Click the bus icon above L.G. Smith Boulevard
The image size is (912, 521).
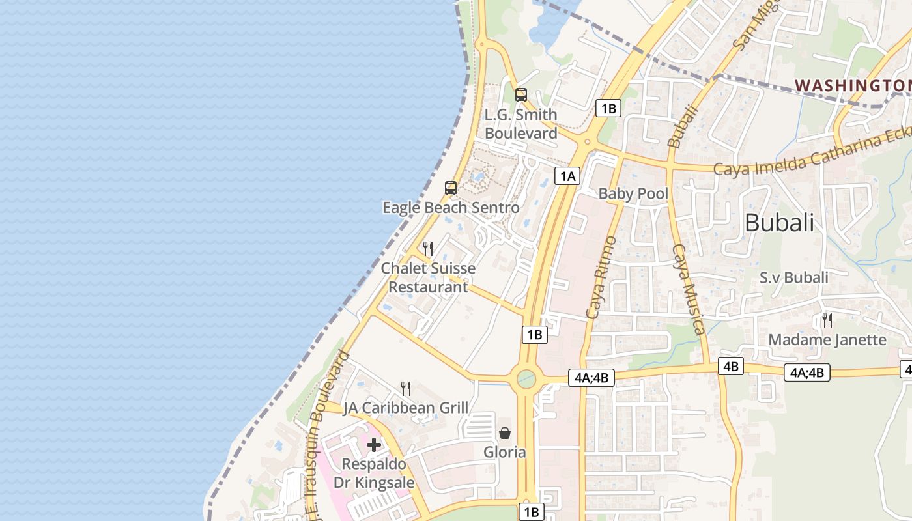click(x=520, y=94)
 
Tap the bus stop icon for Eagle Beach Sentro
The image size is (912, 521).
click(x=450, y=188)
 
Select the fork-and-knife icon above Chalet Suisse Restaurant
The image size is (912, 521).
click(x=428, y=248)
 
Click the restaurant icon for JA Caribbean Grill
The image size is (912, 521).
click(x=406, y=389)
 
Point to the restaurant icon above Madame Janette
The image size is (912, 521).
click(x=827, y=320)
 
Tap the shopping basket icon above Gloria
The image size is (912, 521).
click(x=505, y=432)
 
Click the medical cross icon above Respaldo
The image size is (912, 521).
click(x=374, y=445)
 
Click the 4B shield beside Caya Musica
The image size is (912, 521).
click(x=730, y=366)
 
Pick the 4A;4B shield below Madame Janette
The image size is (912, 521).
click(x=806, y=373)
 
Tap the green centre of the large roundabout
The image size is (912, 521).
click(x=526, y=378)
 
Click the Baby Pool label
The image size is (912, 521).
click(x=633, y=193)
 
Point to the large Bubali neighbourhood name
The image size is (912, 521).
click(x=779, y=223)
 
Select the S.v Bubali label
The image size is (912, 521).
click(x=793, y=277)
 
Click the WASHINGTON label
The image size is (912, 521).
click(x=852, y=85)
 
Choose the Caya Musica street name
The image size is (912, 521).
click(x=689, y=289)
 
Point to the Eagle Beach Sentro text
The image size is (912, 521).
click(x=451, y=208)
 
